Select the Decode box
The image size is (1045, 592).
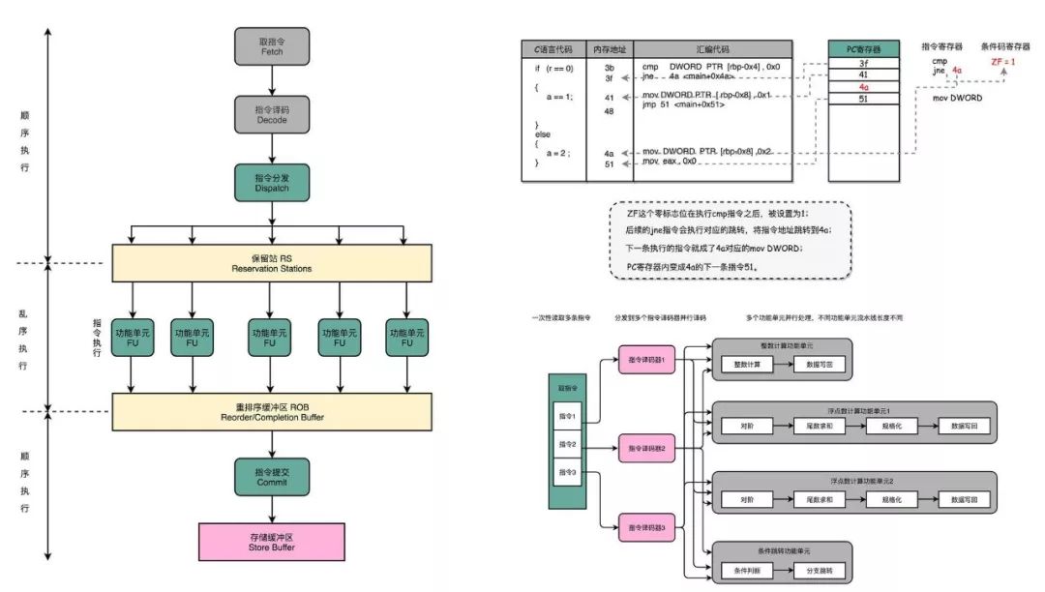coord(271,115)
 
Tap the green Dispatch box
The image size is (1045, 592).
coord(271,182)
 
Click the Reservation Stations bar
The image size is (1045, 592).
coord(271,262)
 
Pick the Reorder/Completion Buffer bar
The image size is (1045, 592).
coord(271,411)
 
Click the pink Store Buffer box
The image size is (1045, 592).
coord(271,541)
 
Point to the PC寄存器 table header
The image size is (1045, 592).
coord(864,48)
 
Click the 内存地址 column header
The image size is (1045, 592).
coord(609,48)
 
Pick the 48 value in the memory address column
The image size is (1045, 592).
coord(609,112)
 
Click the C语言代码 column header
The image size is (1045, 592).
coord(553,48)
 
